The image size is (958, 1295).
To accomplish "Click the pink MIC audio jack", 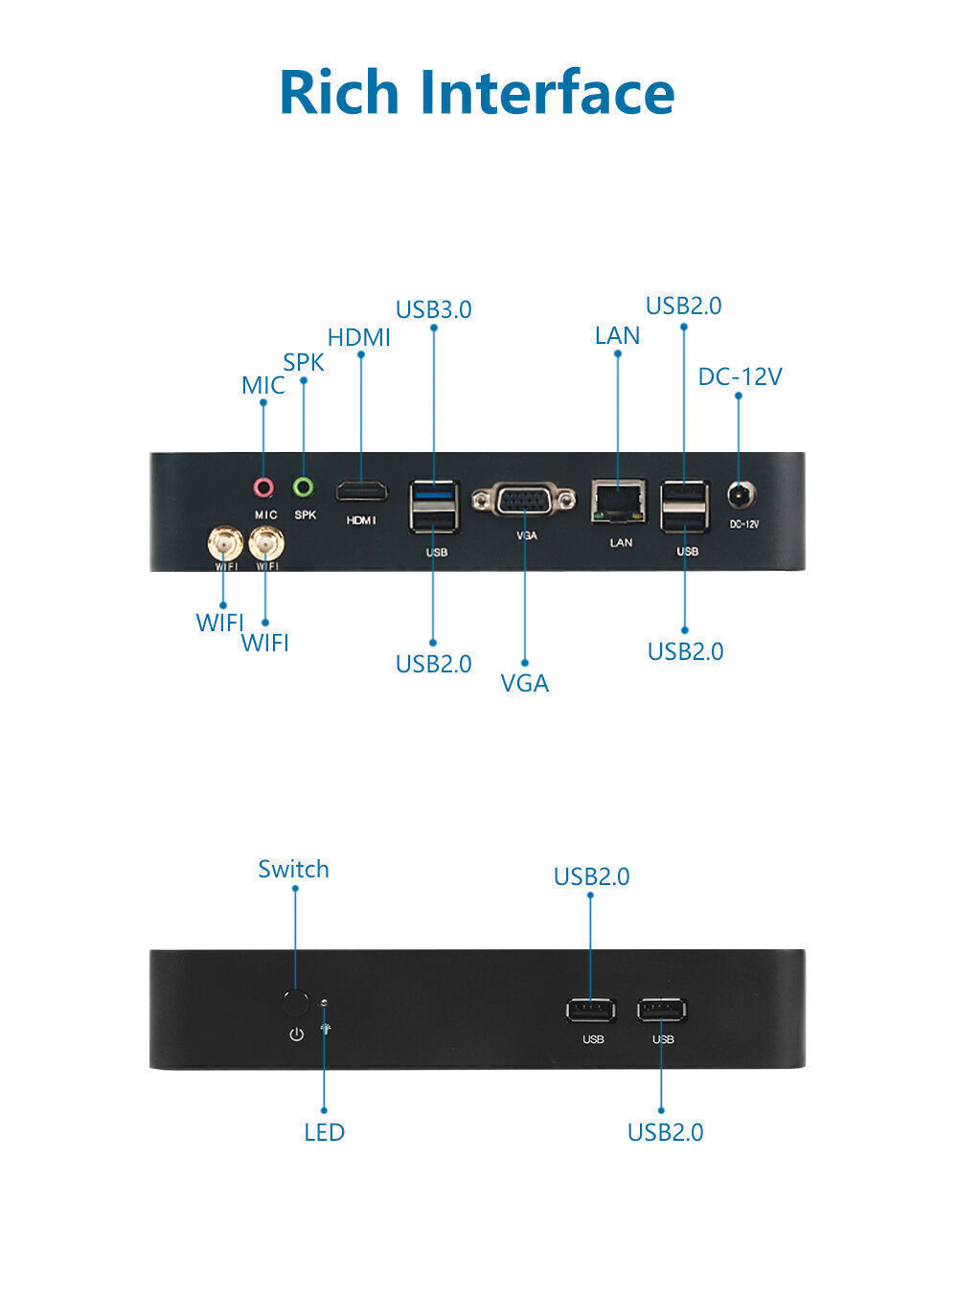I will [263, 488].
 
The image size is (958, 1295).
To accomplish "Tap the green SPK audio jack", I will [304, 488].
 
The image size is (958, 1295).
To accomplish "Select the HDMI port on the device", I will [361, 492].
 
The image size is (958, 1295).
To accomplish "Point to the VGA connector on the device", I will [524, 500].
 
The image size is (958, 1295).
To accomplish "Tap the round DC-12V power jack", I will [739, 496].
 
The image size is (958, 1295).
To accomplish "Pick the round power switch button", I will [296, 1003].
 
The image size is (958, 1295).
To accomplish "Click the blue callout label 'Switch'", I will [293, 869].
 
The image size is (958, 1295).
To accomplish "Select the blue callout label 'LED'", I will [324, 1132].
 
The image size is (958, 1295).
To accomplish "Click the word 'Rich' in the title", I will [339, 92].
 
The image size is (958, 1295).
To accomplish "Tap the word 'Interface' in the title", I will [547, 92].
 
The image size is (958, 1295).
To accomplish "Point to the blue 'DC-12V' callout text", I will [740, 376].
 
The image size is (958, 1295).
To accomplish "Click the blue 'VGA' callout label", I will [525, 683].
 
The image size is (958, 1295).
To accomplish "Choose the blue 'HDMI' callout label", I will [359, 337].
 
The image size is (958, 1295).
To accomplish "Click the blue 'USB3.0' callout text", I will [433, 309].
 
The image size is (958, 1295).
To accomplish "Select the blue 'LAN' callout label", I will [617, 335].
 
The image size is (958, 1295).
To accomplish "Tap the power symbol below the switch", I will [296, 1034].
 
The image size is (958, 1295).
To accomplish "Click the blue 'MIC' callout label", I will [262, 385].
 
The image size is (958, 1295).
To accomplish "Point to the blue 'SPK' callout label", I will [304, 363].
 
